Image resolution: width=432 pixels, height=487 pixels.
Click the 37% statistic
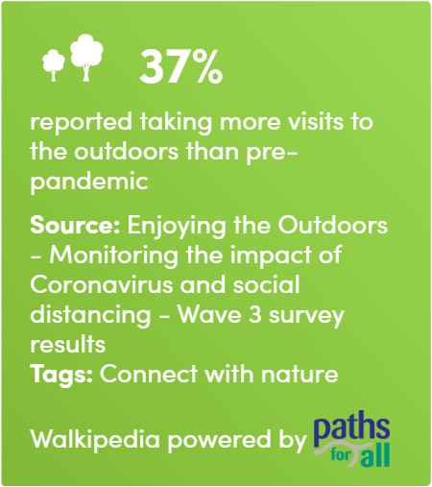point(180,67)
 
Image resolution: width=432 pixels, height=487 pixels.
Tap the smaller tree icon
point(54,64)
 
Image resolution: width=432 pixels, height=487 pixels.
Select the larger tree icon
point(86,58)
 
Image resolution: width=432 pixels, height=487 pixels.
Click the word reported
point(81,122)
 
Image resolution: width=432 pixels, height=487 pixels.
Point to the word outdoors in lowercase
point(126,151)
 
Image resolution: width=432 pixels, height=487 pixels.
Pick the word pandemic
point(89,182)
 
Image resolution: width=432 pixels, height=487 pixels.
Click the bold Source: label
point(75,225)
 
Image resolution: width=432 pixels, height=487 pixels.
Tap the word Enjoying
point(177,226)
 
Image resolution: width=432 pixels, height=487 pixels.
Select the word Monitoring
point(113,256)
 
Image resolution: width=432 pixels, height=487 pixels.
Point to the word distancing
point(90,315)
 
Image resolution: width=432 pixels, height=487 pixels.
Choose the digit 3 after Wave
point(255,314)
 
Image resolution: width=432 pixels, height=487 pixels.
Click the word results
point(68,344)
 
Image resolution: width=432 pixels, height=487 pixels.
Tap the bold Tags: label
point(61,375)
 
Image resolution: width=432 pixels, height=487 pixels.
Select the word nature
point(300,374)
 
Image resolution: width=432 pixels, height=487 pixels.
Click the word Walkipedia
point(95,439)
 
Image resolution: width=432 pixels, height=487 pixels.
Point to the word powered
point(219,439)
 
